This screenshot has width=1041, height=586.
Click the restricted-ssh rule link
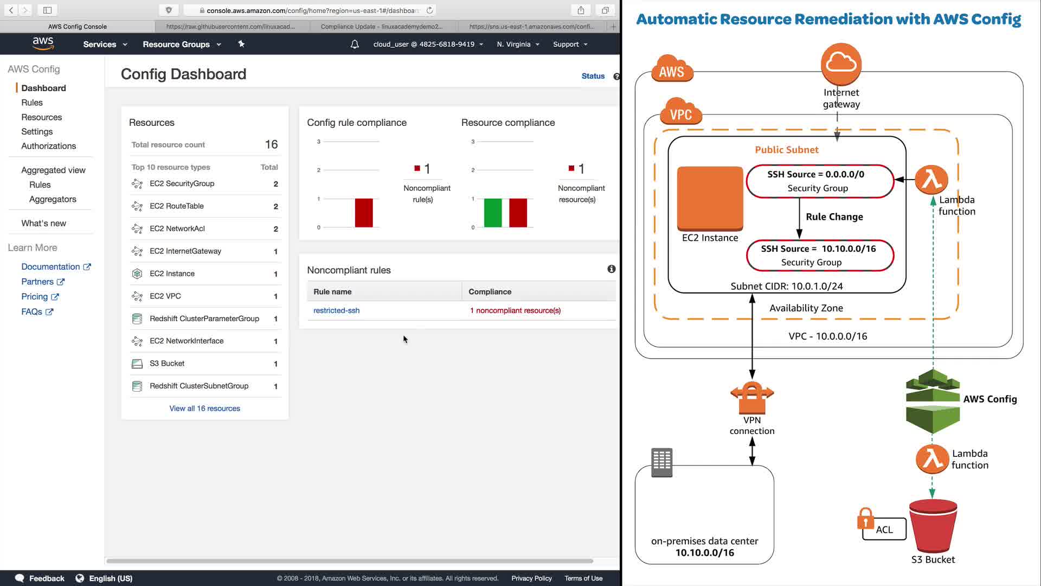[x=336, y=310]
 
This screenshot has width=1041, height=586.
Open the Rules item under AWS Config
[x=32, y=103]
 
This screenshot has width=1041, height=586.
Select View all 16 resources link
[x=204, y=409]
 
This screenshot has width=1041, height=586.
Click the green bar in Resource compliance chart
[x=492, y=213]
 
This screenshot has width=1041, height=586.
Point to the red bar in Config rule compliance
[x=364, y=213]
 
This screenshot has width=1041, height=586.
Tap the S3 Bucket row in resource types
[x=167, y=364]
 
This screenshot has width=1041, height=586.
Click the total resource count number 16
[x=271, y=144]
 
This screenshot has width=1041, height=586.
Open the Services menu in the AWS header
[x=105, y=44]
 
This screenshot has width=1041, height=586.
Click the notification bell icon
[x=355, y=44]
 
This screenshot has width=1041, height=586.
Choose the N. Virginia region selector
[x=518, y=44]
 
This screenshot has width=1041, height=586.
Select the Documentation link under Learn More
[x=50, y=267]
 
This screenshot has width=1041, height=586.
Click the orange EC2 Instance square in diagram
[x=710, y=198]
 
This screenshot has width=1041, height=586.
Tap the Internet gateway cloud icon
[x=841, y=63]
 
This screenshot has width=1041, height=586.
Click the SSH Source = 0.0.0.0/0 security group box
[x=819, y=181]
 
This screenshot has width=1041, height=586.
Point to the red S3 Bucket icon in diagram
[x=933, y=525]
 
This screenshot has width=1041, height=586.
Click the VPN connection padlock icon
[x=752, y=397]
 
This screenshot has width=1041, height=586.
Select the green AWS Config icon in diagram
[x=933, y=402]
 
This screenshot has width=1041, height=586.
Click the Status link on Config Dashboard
[x=593, y=77]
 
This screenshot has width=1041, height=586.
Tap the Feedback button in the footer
[x=40, y=578]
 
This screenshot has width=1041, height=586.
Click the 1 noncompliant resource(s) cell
[x=515, y=310]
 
